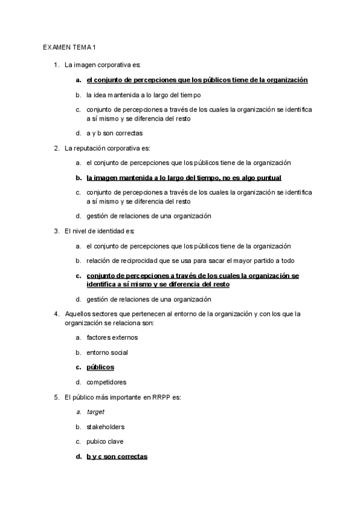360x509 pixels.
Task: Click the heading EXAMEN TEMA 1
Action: point(70,47)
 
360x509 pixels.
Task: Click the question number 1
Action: point(56,64)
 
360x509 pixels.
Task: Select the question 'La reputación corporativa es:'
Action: point(107,148)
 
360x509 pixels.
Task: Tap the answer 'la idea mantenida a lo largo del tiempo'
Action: point(143,95)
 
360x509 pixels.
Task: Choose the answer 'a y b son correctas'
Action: point(114,133)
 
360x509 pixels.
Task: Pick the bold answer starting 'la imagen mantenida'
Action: point(184,178)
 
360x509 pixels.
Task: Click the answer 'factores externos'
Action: point(112,338)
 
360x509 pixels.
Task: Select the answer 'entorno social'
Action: point(107,352)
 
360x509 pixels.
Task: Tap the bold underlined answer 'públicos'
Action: point(100,367)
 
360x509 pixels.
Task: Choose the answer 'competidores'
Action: point(106,382)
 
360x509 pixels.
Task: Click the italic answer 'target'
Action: point(95,412)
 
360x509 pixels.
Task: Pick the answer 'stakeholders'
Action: point(106,427)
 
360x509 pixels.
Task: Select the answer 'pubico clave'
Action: point(105,442)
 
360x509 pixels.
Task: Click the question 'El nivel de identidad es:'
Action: point(100,231)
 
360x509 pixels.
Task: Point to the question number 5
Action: point(56,397)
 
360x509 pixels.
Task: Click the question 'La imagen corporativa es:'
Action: point(102,64)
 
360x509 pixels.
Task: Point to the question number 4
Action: point(56,313)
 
